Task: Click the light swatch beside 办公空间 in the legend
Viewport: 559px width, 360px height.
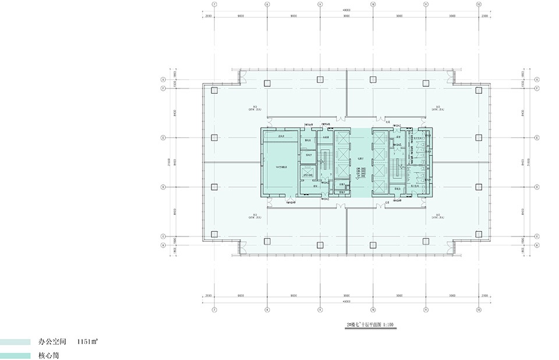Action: point(15,343)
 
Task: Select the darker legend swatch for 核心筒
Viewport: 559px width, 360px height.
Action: point(15,355)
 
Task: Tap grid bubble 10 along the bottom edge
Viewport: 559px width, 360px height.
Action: point(373,309)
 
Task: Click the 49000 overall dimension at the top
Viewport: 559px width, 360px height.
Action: point(346,11)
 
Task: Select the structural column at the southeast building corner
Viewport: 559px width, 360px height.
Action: point(479,234)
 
